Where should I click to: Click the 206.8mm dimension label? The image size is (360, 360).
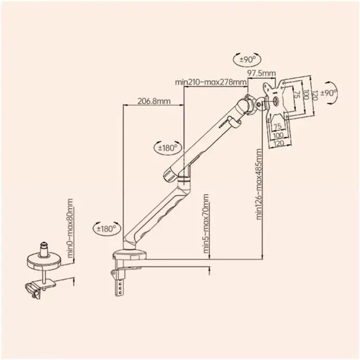click(x=154, y=101)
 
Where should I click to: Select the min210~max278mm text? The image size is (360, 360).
click(x=211, y=82)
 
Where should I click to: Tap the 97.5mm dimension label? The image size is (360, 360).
click(x=261, y=73)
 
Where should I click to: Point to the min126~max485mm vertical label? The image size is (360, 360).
click(x=259, y=184)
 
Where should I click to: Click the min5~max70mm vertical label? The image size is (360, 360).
click(x=206, y=224)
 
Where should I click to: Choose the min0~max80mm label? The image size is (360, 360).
click(x=70, y=228)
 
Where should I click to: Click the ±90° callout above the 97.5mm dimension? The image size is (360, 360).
click(x=247, y=60)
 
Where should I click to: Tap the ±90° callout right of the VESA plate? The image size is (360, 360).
click(x=330, y=93)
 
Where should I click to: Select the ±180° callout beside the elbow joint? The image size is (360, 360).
click(x=168, y=147)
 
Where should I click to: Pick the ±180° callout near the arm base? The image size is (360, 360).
click(x=107, y=229)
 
